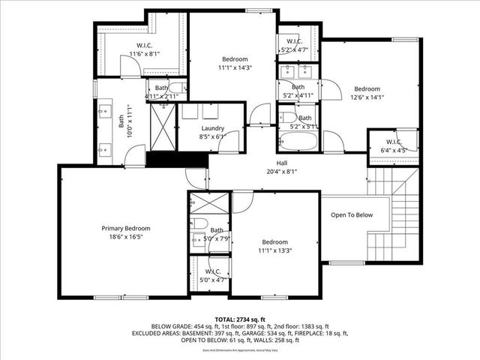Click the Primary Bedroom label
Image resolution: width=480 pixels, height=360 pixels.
(126, 228)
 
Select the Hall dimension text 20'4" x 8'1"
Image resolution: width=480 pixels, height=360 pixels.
(282, 170)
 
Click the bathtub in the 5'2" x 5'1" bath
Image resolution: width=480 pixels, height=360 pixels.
(298, 142)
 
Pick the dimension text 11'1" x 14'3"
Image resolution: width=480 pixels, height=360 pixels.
(234, 67)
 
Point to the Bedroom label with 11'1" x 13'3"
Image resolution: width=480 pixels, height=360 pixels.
(274, 241)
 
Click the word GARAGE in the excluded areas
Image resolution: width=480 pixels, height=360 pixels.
(268, 333)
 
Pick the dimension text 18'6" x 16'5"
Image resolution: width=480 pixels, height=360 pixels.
(126, 236)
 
